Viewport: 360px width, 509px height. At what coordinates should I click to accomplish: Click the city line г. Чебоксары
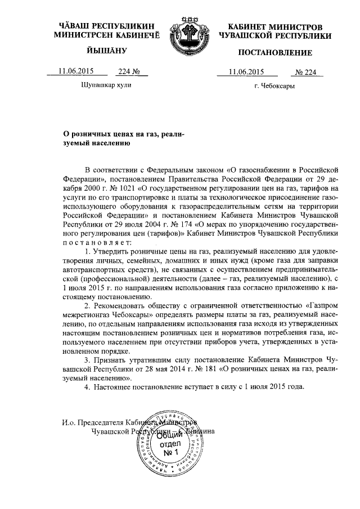[274, 87]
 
